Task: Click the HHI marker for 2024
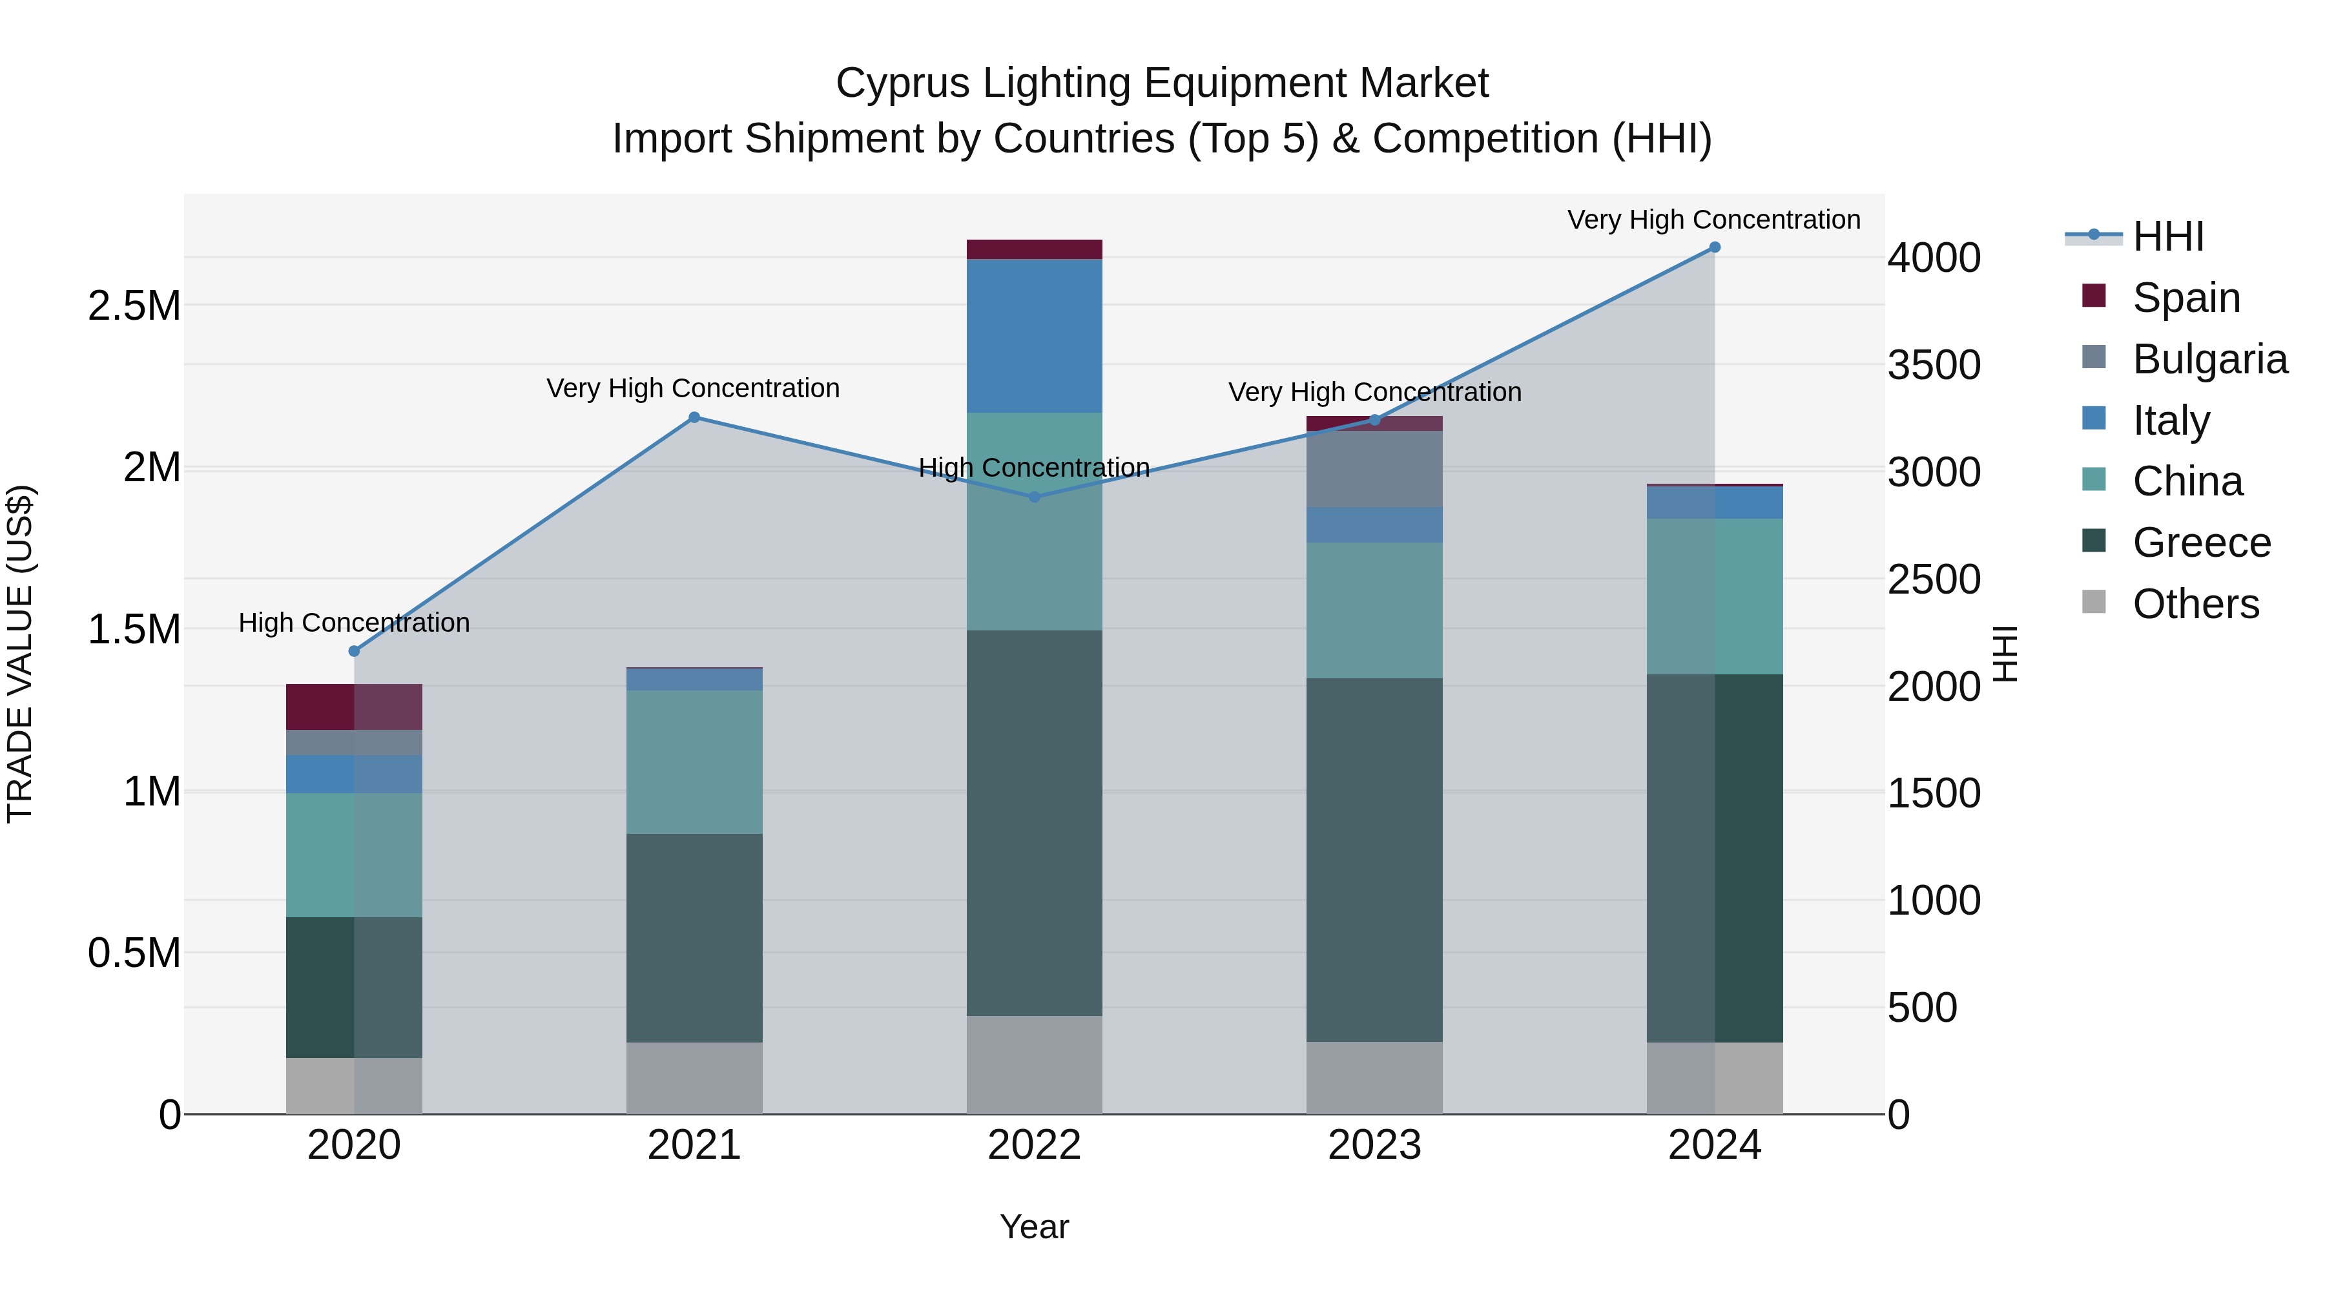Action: [1714, 247]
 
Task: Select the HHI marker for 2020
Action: [354, 651]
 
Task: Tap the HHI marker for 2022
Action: [1035, 497]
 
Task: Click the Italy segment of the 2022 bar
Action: [1035, 336]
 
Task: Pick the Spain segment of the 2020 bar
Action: [354, 707]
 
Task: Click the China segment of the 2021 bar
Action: [694, 762]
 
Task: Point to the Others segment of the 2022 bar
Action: [1035, 1064]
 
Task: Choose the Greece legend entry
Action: [2200, 543]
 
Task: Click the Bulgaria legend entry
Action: [2209, 359]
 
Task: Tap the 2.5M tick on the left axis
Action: [134, 306]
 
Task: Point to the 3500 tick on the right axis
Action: [1933, 366]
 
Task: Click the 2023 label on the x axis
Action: [1374, 1145]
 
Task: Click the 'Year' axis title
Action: [1035, 1227]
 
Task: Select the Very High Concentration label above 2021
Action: [693, 388]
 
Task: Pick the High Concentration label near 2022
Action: [1035, 468]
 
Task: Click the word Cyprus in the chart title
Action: [903, 83]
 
